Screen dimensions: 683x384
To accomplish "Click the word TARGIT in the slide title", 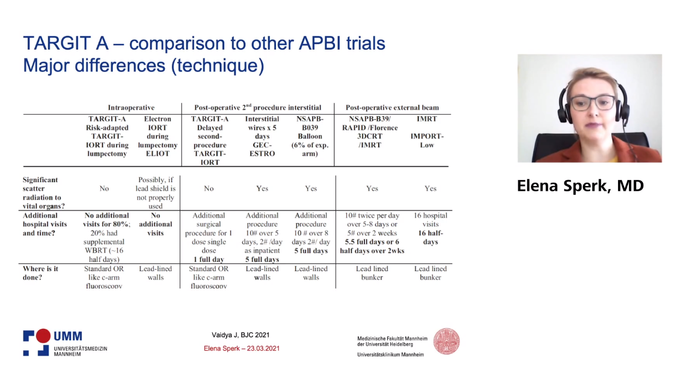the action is click(65, 43).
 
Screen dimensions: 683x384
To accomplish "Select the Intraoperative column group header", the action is click(131, 107).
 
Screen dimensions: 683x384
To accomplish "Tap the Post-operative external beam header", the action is click(392, 107).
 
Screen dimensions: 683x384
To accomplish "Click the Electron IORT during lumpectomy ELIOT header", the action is click(157, 136).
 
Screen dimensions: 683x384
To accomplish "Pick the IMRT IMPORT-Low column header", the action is click(427, 132).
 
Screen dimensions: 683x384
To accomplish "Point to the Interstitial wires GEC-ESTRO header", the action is click(262, 136).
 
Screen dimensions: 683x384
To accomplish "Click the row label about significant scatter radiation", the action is click(44, 193).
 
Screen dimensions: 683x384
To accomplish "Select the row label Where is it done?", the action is click(40, 273).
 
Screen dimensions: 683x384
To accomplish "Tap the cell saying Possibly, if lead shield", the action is click(155, 193).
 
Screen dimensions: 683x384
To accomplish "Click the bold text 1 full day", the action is click(208, 259).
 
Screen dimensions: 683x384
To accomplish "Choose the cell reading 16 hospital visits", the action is click(430, 220).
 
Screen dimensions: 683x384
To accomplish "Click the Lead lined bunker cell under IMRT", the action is click(430, 273).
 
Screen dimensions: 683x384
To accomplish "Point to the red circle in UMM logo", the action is click(43, 335).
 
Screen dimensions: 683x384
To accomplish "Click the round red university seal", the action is click(446, 341).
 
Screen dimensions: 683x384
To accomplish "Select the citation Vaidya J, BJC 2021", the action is click(241, 335).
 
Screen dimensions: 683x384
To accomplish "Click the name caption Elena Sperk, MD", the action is click(580, 185).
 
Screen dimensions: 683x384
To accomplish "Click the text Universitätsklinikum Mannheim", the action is click(391, 355).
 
